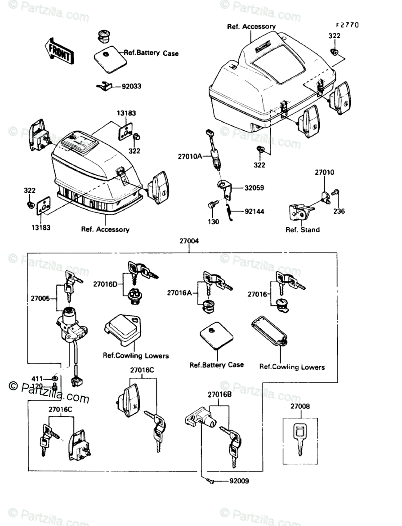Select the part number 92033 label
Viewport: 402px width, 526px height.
tap(131, 86)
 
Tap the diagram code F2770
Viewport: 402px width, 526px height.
tap(346, 26)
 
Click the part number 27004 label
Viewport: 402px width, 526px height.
tap(189, 241)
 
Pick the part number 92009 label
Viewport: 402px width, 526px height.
tap(239, 482)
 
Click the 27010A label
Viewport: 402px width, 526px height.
tap(190, 157)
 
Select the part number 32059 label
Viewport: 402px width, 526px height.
tap(254, 188)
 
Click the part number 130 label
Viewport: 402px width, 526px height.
tap(213, 221)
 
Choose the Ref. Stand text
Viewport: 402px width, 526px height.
tap(303, 230)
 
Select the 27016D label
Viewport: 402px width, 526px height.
tap(106, 284)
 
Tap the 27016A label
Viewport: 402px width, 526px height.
tap(180, 293)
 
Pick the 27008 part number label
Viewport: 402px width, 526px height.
tap(300, 407)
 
